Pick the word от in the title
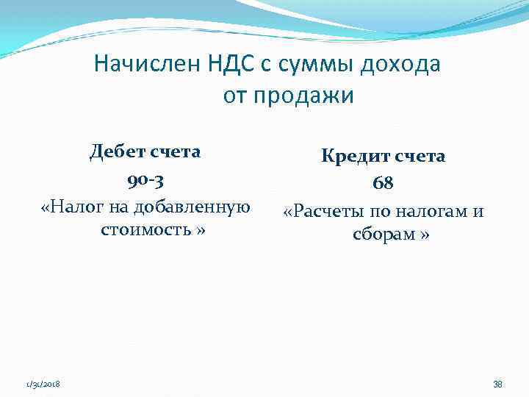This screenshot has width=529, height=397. click(234, 96)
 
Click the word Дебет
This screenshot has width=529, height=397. click(117, 152)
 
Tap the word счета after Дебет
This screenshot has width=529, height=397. click(176, 152)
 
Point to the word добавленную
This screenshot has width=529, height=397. click(194, 207)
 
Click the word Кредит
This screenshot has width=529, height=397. click(354, 156)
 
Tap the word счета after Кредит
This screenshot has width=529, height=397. click(420, 156)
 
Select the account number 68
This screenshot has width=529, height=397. click(383, 184)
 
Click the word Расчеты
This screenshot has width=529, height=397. click(327, 212)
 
